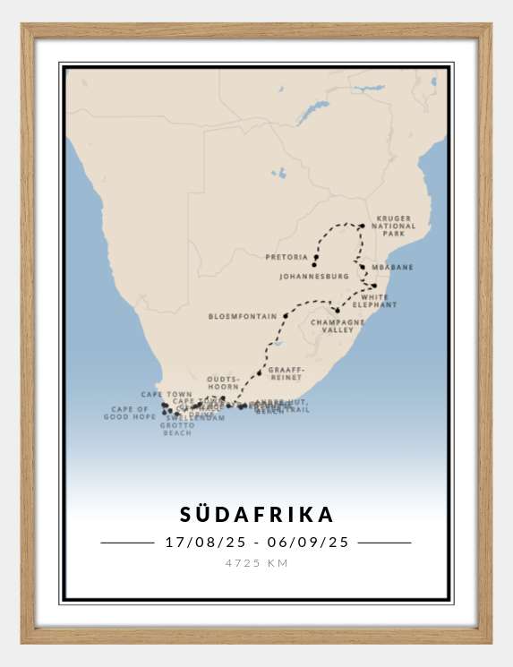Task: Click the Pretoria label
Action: coord(286,257)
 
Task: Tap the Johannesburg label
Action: coord(313,277)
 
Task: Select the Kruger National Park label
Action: coord(396,226)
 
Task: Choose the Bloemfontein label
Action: coord(242,316)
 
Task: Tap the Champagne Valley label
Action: coord(338,326)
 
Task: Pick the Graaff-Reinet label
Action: coord(286,372)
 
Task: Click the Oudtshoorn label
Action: coord(223,383)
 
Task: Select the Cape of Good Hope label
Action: coord(130,413)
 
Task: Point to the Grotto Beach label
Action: coord(177,429)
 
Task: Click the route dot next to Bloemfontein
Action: coord(286,315)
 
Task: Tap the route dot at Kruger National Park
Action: coord(362,227)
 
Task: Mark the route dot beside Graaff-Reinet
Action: coord(260,372)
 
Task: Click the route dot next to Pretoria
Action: coord(316,256)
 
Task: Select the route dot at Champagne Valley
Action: coord(338,310)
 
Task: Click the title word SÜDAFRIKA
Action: coord(256,515)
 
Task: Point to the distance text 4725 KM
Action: coord(256,563)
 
